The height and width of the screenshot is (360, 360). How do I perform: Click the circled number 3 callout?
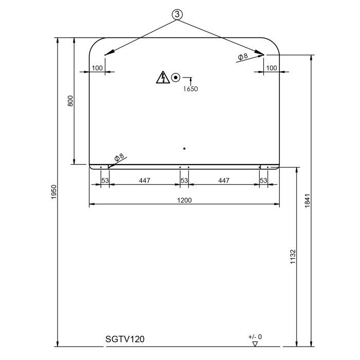pos(177,14)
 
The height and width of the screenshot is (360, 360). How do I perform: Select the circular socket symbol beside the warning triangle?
pos(176,78)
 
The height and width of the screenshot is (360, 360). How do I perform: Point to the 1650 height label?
pos(191,88)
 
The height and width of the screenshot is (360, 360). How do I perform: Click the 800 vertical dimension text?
pos(71,101)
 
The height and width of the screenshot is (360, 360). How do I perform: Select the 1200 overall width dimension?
pos(185,200)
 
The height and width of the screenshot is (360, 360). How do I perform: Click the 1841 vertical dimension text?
pos(308,200)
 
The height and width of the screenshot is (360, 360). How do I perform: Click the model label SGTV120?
pos(125,339)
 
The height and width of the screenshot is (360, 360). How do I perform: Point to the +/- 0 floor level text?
pos(255,336)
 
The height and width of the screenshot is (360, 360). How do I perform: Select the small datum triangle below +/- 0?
pos(255,343)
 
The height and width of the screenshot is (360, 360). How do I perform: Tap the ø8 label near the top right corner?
pos(243,56)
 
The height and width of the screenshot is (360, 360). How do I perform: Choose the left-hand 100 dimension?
pos(97,68)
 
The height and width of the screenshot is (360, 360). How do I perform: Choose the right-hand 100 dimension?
pos(272,68)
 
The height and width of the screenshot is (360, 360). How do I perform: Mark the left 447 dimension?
pos(145,181)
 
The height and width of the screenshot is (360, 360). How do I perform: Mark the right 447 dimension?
pos(224,181)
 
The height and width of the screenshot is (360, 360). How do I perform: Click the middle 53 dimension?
pos(184,181)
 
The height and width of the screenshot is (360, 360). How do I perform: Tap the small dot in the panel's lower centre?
pos(184,149)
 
